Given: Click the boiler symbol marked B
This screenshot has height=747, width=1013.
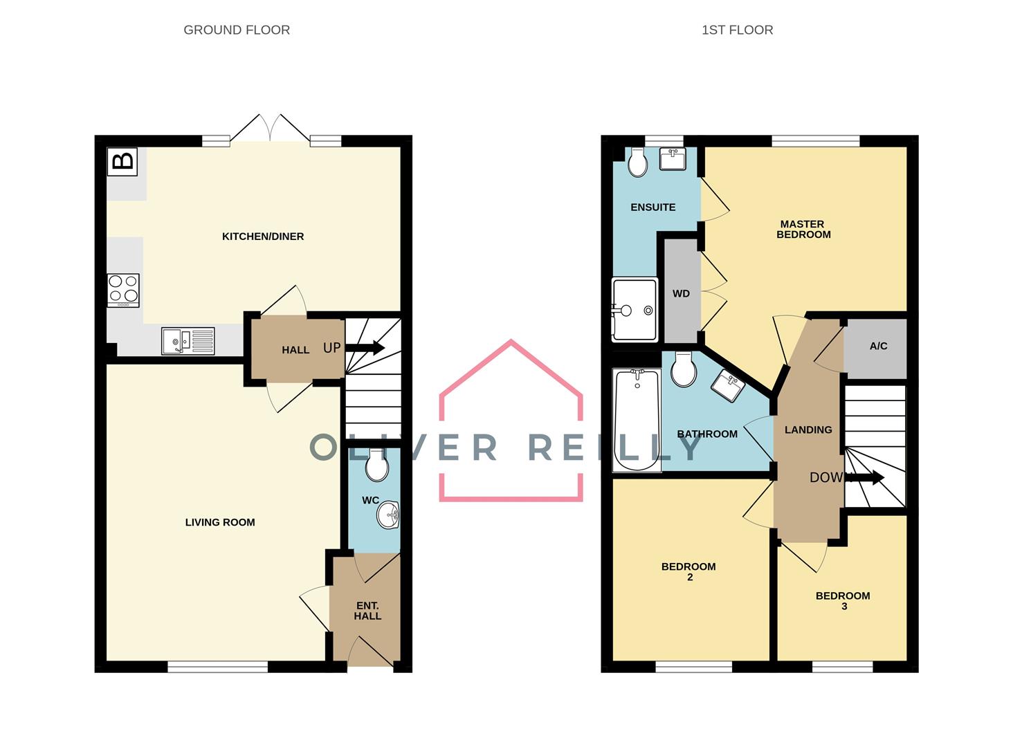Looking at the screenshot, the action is coord(122,161).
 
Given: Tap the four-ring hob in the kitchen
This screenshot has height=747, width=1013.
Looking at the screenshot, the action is coord(123,290).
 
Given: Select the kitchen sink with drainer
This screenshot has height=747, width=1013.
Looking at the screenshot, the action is coord(188,342).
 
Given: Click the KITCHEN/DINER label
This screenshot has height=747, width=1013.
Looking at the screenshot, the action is coord(263,237).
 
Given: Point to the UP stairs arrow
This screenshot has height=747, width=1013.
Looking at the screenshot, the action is coord(365,348).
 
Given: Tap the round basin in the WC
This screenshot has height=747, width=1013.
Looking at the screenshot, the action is coord(388,515).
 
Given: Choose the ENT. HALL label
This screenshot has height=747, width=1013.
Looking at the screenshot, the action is coord(367,611).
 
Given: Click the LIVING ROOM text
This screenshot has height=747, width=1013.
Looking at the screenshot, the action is coord(220,522).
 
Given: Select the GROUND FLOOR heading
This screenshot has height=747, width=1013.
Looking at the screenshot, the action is coord(237,30).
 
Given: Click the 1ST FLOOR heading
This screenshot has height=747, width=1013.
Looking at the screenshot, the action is coord(737,30).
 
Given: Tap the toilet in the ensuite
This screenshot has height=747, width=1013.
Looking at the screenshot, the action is coord(638,163).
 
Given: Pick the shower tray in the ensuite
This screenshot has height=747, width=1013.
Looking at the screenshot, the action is coord(635,310).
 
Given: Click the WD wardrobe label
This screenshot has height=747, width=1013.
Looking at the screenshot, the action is coord(681,294).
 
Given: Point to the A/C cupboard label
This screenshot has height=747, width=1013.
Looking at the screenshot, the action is coord(878,347).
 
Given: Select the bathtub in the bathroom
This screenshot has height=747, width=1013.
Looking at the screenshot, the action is coord(637,421).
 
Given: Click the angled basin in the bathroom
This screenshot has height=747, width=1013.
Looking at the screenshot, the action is coord(728,385).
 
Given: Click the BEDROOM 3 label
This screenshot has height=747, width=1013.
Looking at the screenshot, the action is coord(843,601).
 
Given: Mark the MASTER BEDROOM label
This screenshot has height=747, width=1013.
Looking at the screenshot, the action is coord(803,229).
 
